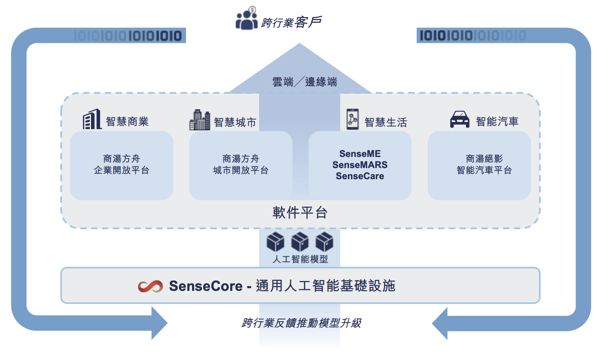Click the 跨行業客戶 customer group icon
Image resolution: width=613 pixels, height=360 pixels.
(x=246, y=18)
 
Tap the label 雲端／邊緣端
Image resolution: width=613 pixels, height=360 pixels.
(x=305, y=82)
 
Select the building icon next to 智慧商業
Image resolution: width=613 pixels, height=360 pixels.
(x=92, y=119)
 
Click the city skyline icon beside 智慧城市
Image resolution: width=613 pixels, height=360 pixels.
(x=200, y=120)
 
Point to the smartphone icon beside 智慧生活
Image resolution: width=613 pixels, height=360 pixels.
(x=352, y=119)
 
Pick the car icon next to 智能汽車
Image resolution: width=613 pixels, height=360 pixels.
(x=460, y=119)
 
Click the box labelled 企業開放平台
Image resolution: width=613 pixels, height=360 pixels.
(x=122, y=165)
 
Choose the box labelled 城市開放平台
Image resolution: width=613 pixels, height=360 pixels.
(x=241, y=165)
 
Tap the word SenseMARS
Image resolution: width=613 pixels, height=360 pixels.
(x=360, y=165)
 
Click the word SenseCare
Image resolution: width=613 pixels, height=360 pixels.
(x=360, y=176)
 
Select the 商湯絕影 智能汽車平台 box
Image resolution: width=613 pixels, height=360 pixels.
(x=479, y=165)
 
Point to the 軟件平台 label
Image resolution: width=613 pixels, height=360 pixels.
(x=300, y=213)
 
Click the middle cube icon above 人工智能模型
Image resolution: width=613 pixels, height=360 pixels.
(x=300, y=242)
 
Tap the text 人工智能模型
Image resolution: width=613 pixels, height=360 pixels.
(x=300, y=259)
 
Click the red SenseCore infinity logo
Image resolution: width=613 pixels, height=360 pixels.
(x=150, y=286)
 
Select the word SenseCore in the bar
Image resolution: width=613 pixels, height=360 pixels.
(x=206, y=286)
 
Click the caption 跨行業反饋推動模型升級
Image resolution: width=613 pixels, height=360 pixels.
(x=301, y=323)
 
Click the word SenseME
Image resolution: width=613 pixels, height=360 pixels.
(x=360, y=154)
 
